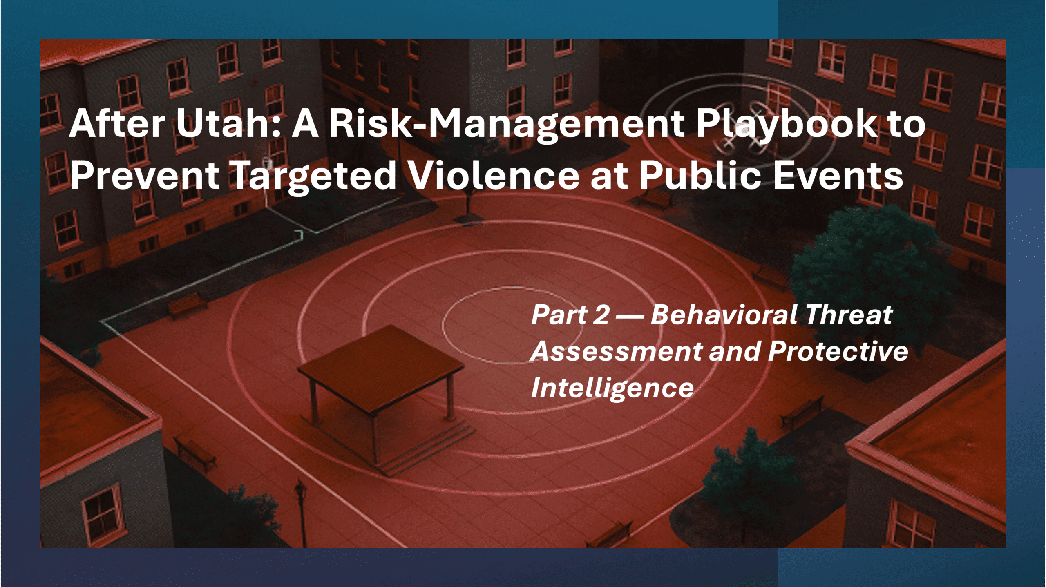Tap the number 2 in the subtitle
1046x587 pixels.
601,315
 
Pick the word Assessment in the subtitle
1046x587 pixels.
617,351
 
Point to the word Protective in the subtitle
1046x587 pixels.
838,351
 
